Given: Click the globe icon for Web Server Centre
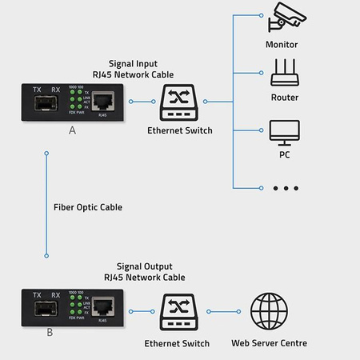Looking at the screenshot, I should (x=269, y=311).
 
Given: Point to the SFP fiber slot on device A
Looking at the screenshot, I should (x=47, y=104).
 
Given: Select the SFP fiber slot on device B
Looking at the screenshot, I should (x=47, y=309).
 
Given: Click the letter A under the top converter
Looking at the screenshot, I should (x=73, y=130).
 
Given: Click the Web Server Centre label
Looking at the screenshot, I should (x=270, y=343).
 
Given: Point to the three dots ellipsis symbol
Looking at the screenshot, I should (x=285, y=188).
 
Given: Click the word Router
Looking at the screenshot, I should (x=285, y=98).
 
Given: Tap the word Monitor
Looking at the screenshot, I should (x=282, y=45).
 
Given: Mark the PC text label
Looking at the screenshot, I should (x=284, y=154).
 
